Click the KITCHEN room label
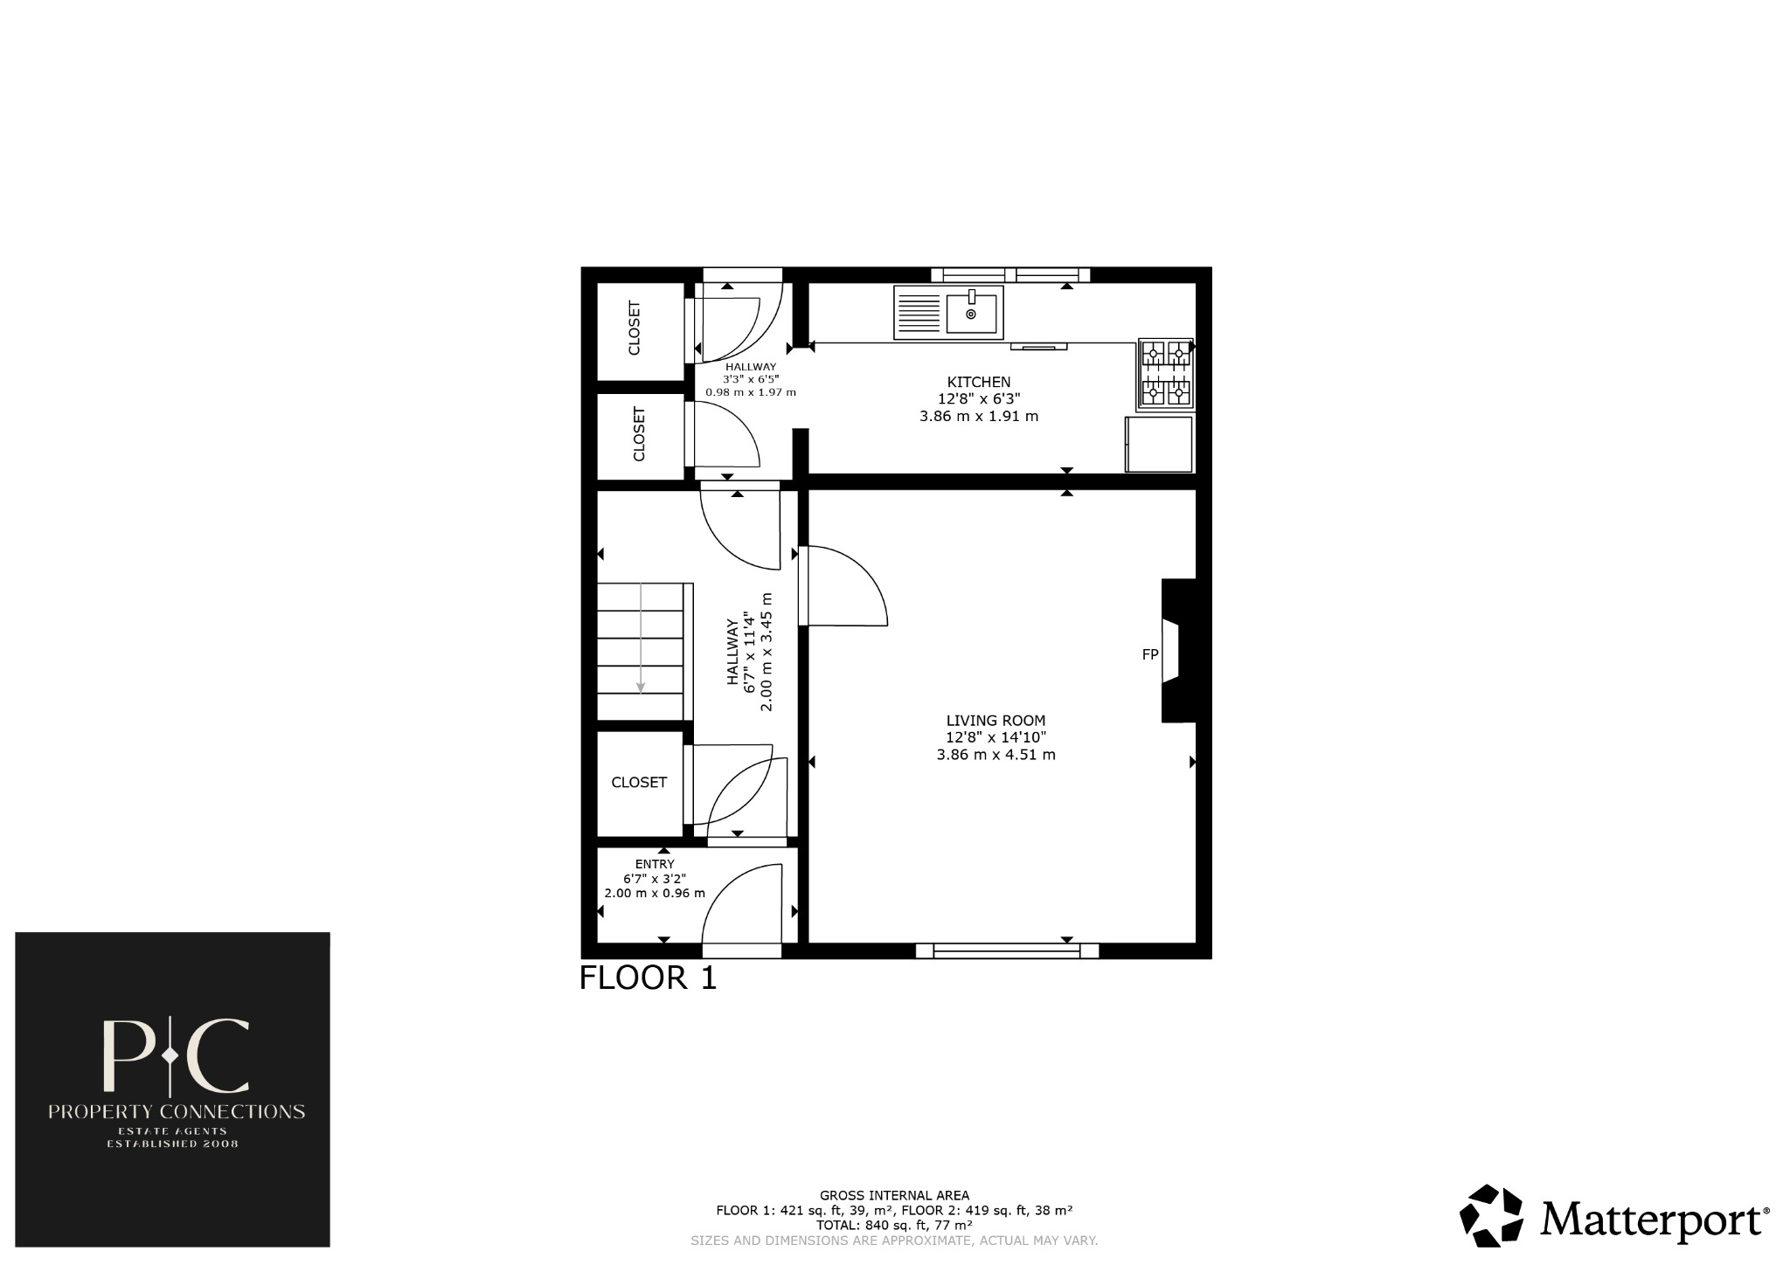[979, 382]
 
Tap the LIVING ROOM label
[996, 721]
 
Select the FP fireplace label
[1150, 653]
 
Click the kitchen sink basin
[971, 314]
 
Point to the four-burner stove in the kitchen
[1165, 374]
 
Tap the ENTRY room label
[655, 864]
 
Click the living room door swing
[843, 585]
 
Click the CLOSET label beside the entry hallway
[639, 783]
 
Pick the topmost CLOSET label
[635, 328]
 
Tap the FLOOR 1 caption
[648, 978]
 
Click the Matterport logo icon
[1492, 1215]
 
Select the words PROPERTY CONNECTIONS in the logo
[176, 1112]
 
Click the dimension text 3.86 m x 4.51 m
[996, 755]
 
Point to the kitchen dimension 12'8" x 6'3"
[979, 399]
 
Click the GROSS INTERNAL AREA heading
[894, 1195]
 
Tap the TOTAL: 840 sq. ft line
[894, 1226]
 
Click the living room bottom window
[1006, 950]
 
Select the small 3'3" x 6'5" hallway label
[751, 380]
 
